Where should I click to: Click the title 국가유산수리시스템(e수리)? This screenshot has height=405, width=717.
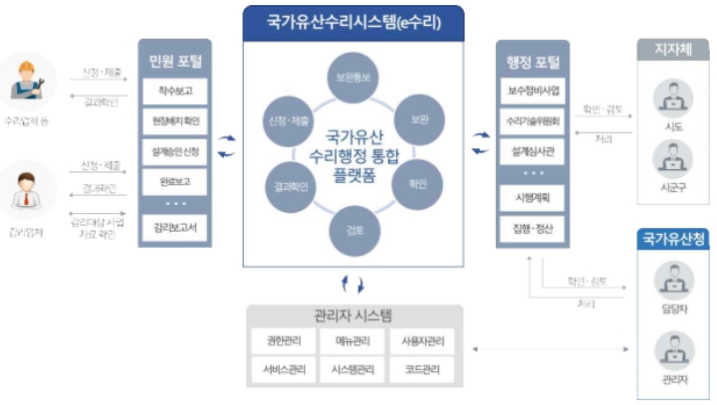coord(354,20)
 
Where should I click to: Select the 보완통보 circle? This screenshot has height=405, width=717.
coord(354,78)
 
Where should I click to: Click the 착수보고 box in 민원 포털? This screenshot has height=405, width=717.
coord(174,94)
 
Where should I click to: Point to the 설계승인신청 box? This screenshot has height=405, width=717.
coord(174,153)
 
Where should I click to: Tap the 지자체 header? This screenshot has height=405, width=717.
coord(674,48)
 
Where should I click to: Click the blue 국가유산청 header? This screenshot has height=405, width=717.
coord(674,239)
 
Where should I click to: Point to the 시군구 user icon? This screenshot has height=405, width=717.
coord(674,159)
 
